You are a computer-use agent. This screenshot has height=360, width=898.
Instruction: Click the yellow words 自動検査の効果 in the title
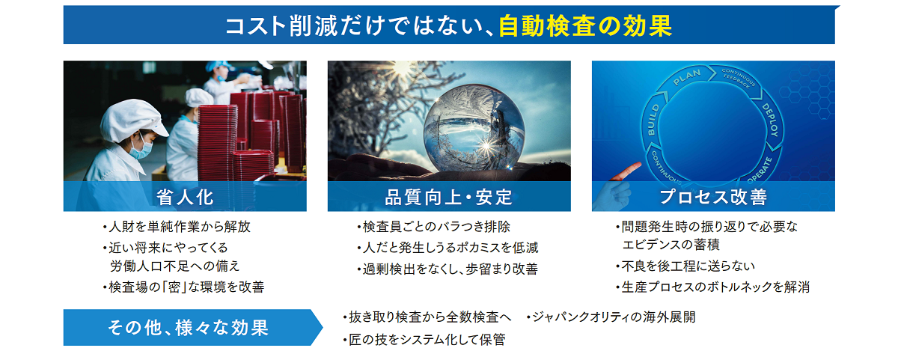(x=585, y=26)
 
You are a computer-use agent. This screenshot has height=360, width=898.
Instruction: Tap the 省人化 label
(x=185, y=198)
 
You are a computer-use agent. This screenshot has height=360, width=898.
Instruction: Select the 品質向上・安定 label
(x=448, y=198)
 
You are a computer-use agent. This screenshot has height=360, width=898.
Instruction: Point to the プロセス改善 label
(x=713, y=198)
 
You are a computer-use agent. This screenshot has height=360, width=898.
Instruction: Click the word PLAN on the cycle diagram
(x=687, y=77)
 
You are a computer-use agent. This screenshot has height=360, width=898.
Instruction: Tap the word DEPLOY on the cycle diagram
(x=771, y=120)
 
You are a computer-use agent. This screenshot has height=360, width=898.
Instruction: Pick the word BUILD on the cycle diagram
(x=653, y=120)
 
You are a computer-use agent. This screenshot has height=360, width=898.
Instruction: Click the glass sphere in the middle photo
(x=474, y=128)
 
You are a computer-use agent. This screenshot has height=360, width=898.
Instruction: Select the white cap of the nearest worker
(x=132, y=120)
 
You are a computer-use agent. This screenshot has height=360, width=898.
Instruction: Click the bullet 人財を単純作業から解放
(x=177, y=227)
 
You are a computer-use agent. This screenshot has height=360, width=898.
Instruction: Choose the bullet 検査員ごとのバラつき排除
(x=433, y=227)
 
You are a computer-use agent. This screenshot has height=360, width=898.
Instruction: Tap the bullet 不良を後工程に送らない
(x=685, y=266)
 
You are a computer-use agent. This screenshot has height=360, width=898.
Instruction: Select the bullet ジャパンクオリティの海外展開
(x=611, y=317)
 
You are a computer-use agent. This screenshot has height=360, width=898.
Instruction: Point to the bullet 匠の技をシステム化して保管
(x=424, y=340)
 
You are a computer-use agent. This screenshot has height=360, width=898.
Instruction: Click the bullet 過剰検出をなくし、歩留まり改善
(x=447, y=269)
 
